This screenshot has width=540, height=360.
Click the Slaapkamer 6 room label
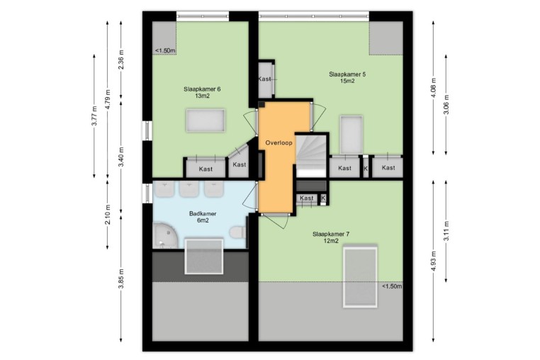tap(202, 92)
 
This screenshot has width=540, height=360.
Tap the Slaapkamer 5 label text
tap(347, 77)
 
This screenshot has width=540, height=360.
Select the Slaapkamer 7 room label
tap(331, 237)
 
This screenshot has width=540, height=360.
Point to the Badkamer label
tap(203, 217)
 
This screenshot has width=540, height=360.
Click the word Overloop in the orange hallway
tap(279, 142)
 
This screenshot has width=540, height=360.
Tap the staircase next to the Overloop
tap(311, 155)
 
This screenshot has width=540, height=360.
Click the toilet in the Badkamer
tap(238, 232)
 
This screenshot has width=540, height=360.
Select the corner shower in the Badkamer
tap(164, 236)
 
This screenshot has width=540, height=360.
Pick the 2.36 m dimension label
tap(121, 60)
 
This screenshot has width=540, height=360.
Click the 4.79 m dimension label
tap(108, 99)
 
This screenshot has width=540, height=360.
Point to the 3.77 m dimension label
tap(94, 116)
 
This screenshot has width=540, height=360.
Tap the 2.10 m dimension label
tap(108, 215)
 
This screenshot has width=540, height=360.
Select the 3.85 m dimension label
tap(121, 279)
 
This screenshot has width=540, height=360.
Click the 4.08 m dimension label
tap(434, 87)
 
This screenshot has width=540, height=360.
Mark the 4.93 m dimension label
tap(434, 261)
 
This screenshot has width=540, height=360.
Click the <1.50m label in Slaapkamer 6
tap(165, 50)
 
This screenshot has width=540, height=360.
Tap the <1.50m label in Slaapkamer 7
tap(392, 286)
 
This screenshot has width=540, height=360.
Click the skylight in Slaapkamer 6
tap(206, 120)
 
